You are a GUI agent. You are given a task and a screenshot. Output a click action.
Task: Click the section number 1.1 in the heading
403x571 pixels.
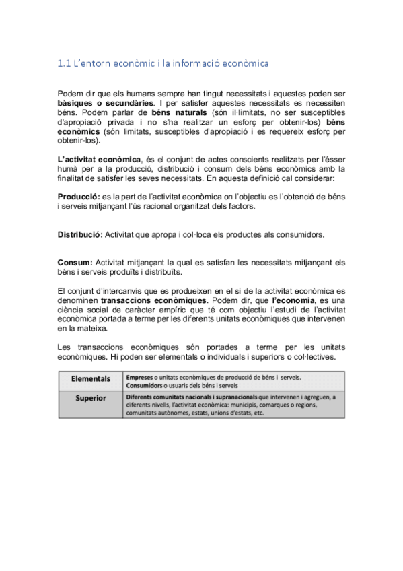tap(65, 64)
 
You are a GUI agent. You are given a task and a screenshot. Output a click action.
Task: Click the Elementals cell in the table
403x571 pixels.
tap(90, 379)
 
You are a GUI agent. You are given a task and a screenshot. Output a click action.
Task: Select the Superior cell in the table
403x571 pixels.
tap(90, 398)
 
